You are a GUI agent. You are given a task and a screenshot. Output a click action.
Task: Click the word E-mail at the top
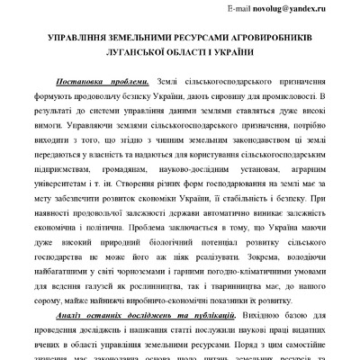(x=240, y=8)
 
